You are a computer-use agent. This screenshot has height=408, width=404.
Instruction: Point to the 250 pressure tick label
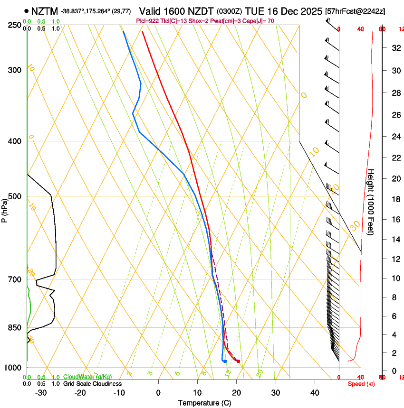(15, 25)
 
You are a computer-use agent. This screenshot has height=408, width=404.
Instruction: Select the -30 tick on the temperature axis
(41, 392)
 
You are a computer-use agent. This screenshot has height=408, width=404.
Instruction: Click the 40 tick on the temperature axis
(314, 392)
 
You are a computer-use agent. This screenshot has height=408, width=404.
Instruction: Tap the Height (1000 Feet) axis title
(371, 202)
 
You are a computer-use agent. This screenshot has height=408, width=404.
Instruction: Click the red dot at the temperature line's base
(238, 362)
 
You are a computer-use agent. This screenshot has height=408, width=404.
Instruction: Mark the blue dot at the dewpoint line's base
(225, 362)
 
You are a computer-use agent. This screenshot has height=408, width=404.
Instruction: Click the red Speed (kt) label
(361, 384)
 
